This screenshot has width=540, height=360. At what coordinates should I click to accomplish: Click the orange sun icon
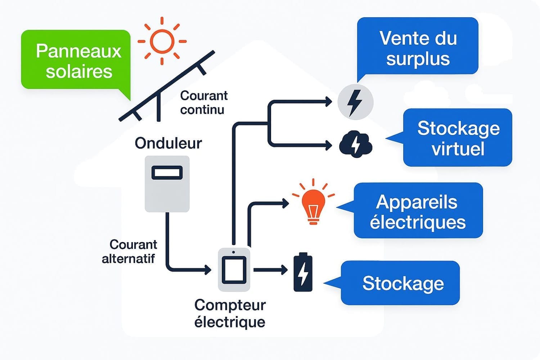point(162,41)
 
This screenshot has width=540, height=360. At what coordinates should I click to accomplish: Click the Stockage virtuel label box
point(457,138)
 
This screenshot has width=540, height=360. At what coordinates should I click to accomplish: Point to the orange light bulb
point(313,202)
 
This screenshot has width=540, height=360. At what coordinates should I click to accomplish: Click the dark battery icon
point(303,272)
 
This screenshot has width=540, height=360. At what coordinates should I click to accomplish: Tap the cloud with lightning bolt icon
point(356,144)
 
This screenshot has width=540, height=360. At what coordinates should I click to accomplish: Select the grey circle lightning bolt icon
point(355,102)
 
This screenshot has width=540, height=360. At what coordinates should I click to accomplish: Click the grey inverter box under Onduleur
point(167,184)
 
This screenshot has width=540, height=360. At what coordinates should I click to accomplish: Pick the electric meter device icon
point(234,270)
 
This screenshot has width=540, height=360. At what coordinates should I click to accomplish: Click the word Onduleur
point(168,143)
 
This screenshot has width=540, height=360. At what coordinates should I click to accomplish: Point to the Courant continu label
point(204,103)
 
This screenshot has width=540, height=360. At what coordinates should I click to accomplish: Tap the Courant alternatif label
point(130,252)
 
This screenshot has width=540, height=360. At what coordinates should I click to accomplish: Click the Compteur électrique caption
point(230,314)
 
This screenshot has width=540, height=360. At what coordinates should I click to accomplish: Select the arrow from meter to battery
point(270,270)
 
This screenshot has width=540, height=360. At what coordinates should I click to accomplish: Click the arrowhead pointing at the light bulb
point(285,203)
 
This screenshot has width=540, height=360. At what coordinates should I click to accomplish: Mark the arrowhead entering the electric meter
point(208,270)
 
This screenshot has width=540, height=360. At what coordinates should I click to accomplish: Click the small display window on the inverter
point(167,173)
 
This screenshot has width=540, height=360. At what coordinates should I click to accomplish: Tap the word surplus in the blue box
point(418,59)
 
